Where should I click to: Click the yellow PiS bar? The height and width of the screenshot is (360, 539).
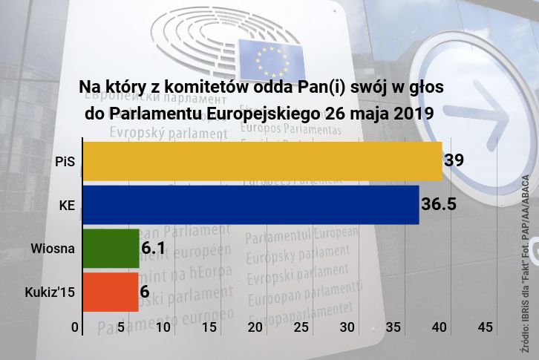tap(262, 161)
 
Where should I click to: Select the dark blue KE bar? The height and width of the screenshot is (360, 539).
tap(250, 204)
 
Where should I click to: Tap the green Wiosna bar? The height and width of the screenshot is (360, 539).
tap(111, 248)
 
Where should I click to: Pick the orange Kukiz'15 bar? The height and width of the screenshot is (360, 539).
tap(110, 292)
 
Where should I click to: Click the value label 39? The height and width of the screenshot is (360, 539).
tap(454, 160)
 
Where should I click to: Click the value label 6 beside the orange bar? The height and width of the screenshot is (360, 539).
tap(145, 292)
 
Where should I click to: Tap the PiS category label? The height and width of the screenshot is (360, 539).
tap(65, 161)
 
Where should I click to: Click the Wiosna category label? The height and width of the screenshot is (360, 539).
tap(53, 248)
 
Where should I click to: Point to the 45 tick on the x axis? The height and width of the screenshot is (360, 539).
tap(486, 327)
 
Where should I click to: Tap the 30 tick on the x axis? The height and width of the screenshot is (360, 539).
tap(347, 327)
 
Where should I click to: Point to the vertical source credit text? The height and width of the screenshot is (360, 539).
tap(525, 260)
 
